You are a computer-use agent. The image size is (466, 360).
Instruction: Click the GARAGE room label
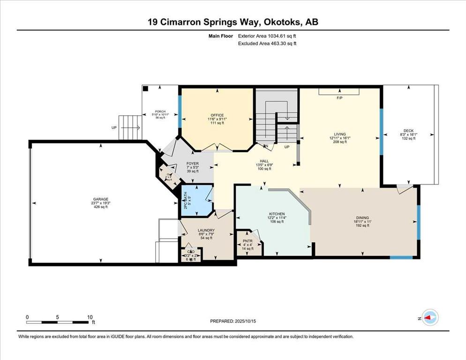click(101, 199)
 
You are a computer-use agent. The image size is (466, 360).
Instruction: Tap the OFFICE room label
click(217, 115)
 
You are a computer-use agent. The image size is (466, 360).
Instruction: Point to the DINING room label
click(362, 218)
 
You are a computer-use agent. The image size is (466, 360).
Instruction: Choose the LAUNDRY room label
click(206, 230)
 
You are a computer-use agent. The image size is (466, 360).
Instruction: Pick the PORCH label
click(160, 112)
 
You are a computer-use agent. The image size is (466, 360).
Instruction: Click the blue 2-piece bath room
click(196, 200)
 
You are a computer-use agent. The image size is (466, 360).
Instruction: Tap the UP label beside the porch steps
click(114, 127)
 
